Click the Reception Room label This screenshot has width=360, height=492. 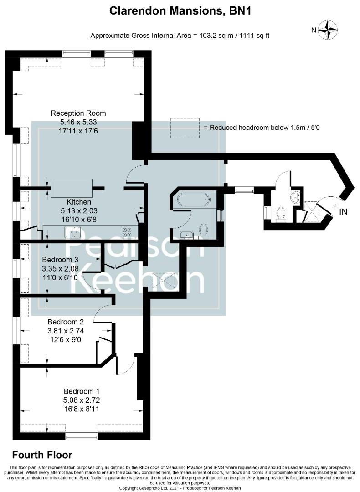point(78,113)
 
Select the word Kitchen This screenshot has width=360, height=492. point(79,202)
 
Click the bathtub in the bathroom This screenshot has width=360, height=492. point(194,199)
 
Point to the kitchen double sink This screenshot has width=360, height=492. point(72,232)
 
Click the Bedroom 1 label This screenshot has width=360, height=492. point(82,391)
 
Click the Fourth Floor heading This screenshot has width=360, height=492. point(42,455)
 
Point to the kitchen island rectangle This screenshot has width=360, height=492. point(72,188)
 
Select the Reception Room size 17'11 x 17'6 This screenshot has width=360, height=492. point(78,131)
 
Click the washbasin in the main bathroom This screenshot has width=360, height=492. point(187,235)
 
